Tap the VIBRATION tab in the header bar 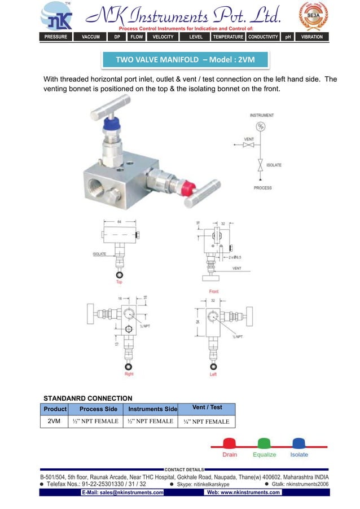coord(311,37)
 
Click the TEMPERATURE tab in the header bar coord(228,37)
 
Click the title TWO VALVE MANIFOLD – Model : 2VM coord(185,59)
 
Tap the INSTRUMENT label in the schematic coord(262,115)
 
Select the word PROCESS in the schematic coord(262,188)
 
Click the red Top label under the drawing coord(119,282)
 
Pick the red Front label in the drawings coord(214,291)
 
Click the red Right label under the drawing coord(129,374)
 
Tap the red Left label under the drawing coord(213,374)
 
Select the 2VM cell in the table coord(54,421)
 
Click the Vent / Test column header coord(207,407)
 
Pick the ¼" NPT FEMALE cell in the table coord(206,422)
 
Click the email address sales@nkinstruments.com coord(122,493)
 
